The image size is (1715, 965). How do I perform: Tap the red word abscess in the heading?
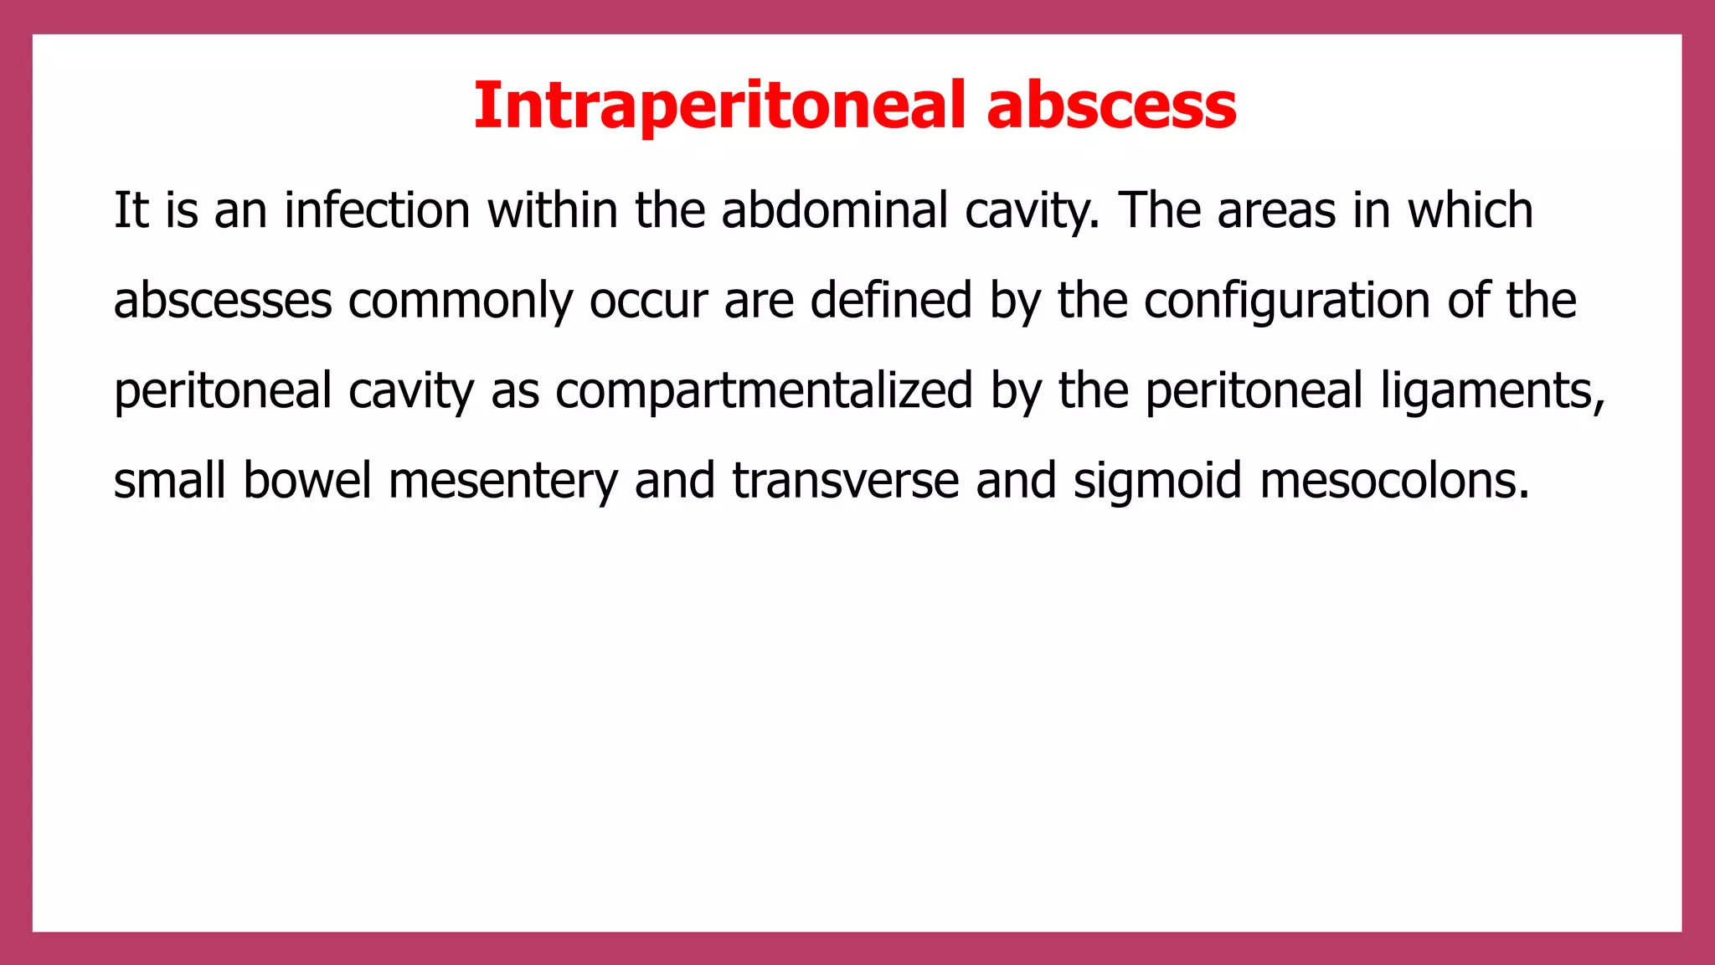coord(1111,106)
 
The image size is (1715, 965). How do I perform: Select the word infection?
coord(377,210)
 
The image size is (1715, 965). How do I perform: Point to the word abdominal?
coord(834,210)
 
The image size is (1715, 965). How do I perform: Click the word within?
coord(553,210)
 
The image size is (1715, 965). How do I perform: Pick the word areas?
coord(1276,210)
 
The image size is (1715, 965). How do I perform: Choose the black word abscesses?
coord(223,301)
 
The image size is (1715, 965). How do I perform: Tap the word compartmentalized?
coord(764,392)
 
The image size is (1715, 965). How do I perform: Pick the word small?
coord(170,482)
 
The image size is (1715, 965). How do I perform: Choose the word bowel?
coord(306,482)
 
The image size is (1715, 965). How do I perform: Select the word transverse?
coord(846,482)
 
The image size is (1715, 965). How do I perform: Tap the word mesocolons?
coord(1394,482)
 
